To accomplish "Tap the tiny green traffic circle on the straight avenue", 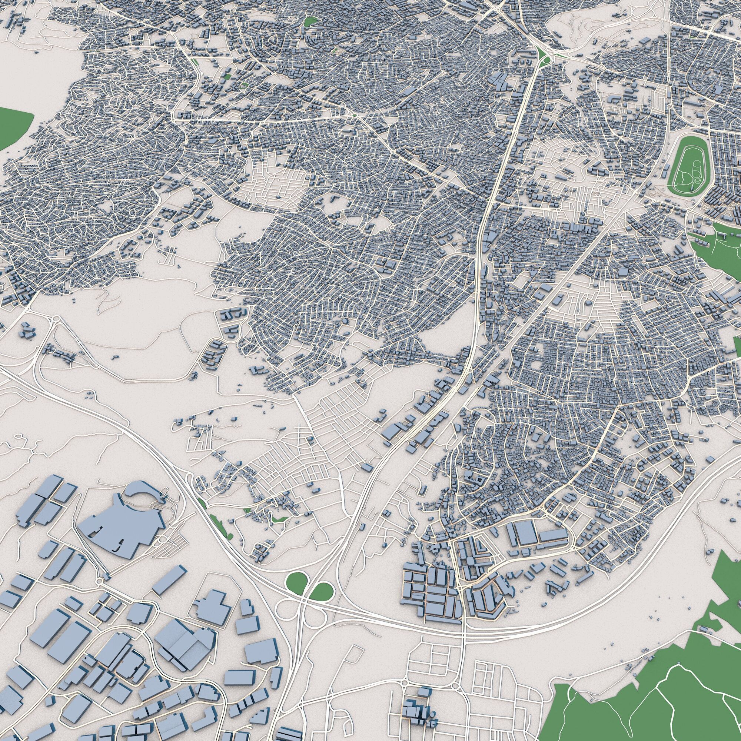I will pos(355,115).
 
